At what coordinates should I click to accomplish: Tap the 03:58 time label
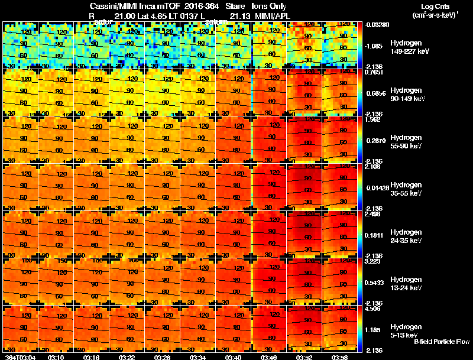339,356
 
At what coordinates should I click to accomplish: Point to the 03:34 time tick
198,356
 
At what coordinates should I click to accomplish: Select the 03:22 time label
127,356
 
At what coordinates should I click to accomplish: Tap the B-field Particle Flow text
441,342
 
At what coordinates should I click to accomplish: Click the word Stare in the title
235,6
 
